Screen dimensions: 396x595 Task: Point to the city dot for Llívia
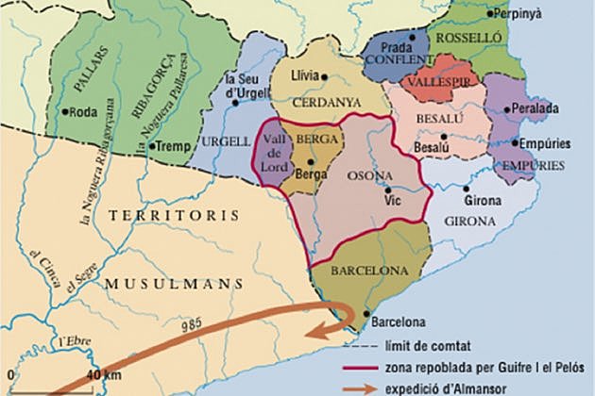(324, 76)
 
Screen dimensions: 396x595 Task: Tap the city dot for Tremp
(150, 146)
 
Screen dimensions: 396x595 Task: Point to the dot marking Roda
(65, 111)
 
